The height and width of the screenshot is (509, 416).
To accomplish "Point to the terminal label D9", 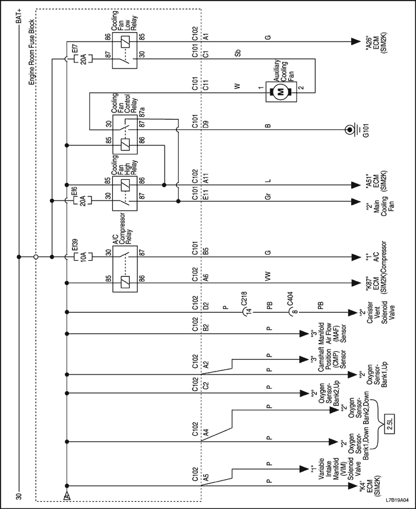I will [x=206, y=125].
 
